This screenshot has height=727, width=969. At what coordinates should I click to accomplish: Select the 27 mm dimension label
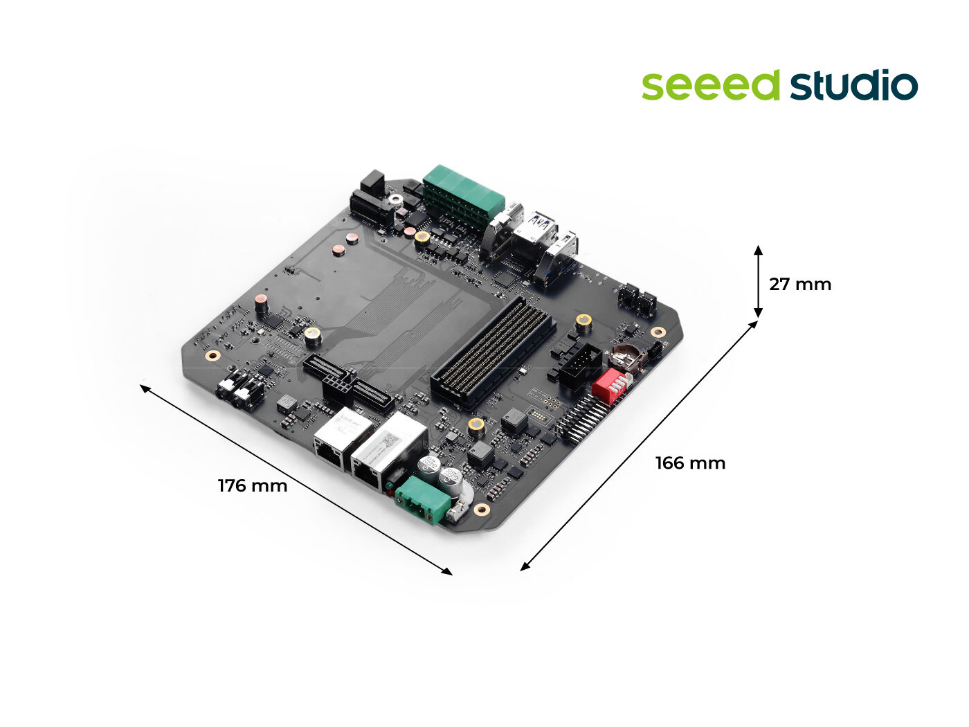coord(800,285)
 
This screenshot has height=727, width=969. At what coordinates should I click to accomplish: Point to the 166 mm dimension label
coord(691,463)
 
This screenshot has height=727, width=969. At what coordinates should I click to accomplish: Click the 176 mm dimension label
coord(253,485)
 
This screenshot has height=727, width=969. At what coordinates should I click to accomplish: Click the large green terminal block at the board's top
coord(464,197)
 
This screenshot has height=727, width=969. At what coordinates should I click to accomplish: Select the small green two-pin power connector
coord(423,499)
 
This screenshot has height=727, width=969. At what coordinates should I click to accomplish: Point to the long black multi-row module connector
coord(493,351)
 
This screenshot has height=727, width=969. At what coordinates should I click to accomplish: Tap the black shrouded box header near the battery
coord(579,366)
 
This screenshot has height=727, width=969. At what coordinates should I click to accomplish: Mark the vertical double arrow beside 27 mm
coord(758,281)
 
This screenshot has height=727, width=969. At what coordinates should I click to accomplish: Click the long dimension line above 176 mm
coord(296,480)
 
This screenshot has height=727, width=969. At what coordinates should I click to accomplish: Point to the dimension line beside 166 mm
coord(639,446)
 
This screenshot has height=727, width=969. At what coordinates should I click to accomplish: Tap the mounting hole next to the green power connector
coord(481,510)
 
